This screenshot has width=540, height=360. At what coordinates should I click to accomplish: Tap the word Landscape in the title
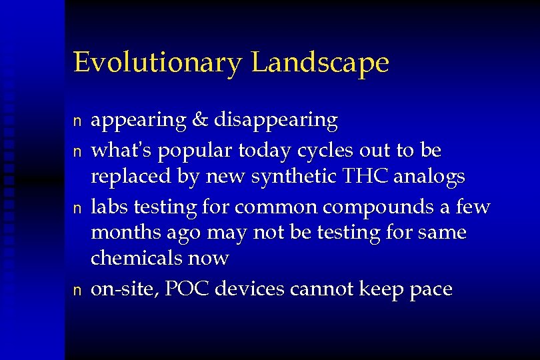[321, 63]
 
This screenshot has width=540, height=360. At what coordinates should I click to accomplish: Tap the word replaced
[125, 179]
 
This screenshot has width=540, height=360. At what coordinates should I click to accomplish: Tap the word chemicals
[134, 257]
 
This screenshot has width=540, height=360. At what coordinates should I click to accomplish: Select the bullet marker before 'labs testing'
[77, 208]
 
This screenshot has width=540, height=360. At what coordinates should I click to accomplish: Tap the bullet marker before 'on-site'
[77, 289]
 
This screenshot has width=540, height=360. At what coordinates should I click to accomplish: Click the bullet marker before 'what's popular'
[77, 151]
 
